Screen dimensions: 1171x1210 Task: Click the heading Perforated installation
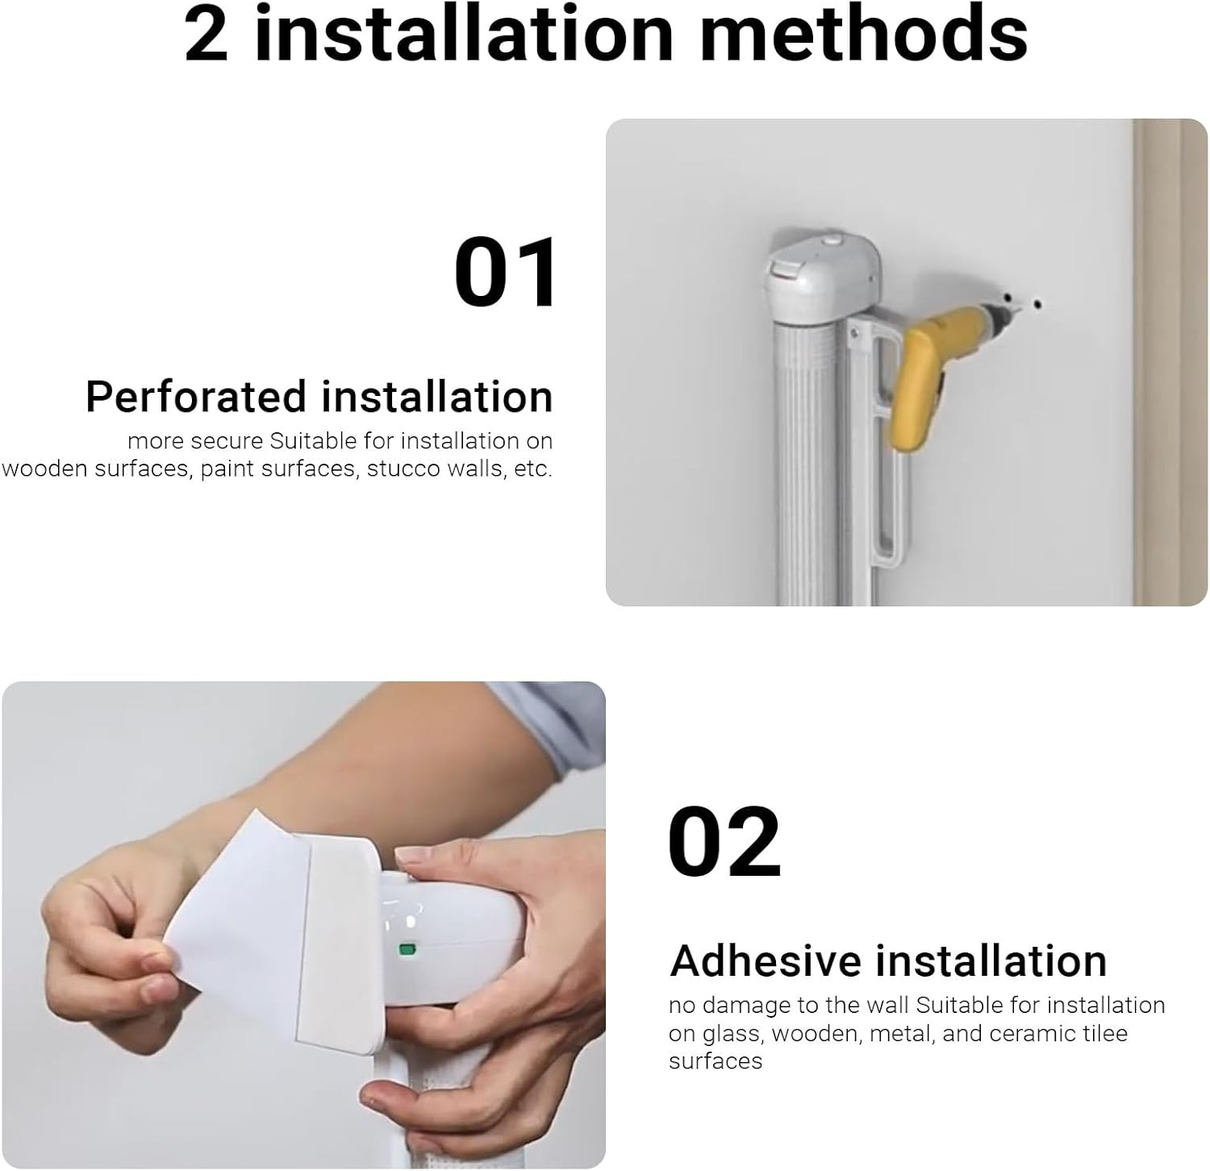[x=319, y=397]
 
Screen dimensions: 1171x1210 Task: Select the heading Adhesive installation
[x=887, y=961]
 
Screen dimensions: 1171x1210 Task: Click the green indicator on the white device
[x=406, y=950]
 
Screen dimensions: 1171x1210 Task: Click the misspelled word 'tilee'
[x=1105, y=1033]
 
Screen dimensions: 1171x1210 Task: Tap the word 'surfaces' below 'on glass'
[x=715, y=1061]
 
